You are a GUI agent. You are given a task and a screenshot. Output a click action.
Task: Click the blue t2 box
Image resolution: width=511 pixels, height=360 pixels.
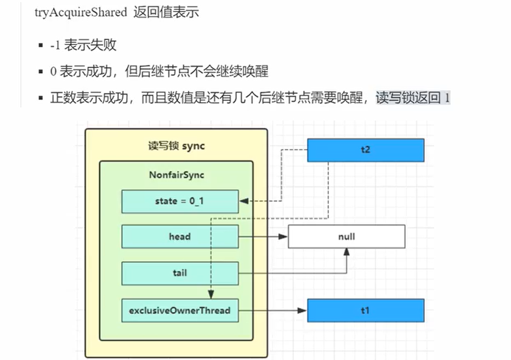point(366,150)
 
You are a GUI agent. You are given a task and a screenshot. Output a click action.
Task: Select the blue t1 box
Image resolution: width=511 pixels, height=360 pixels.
point(366,311)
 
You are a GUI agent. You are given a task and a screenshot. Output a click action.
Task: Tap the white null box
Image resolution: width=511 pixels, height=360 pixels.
point(347,237)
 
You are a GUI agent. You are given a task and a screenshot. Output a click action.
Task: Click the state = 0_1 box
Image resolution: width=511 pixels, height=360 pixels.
point(180,201)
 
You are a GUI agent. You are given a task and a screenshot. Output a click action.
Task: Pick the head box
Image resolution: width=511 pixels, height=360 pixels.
point(180,237)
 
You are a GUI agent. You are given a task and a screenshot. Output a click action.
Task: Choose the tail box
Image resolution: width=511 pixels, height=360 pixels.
point(180,273)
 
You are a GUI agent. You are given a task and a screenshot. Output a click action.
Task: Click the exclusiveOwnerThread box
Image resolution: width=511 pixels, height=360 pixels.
point(180,311)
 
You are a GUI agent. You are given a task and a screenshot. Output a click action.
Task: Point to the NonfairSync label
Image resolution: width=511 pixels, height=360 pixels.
point(176,175)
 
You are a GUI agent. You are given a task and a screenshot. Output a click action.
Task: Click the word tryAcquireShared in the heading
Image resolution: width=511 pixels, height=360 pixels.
point(81,13)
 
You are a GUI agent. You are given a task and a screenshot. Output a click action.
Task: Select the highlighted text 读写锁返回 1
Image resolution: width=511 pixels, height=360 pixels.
point(412,99)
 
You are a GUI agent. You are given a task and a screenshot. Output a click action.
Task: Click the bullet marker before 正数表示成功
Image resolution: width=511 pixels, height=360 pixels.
point(41,99)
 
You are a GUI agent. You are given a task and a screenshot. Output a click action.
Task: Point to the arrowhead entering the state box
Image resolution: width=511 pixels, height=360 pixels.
point(243,201)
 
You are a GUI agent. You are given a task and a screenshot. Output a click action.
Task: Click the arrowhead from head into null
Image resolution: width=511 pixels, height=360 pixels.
point(283,237)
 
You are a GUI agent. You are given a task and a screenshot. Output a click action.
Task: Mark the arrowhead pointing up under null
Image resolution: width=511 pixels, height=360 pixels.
point(347,252)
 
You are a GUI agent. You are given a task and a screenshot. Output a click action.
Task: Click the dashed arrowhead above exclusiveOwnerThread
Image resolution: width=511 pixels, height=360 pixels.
point(211,295)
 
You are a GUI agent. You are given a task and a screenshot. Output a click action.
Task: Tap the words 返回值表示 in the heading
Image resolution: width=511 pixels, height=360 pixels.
point(166,13)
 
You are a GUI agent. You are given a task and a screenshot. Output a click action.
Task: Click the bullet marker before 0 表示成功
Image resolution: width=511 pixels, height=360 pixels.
point(41,72)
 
